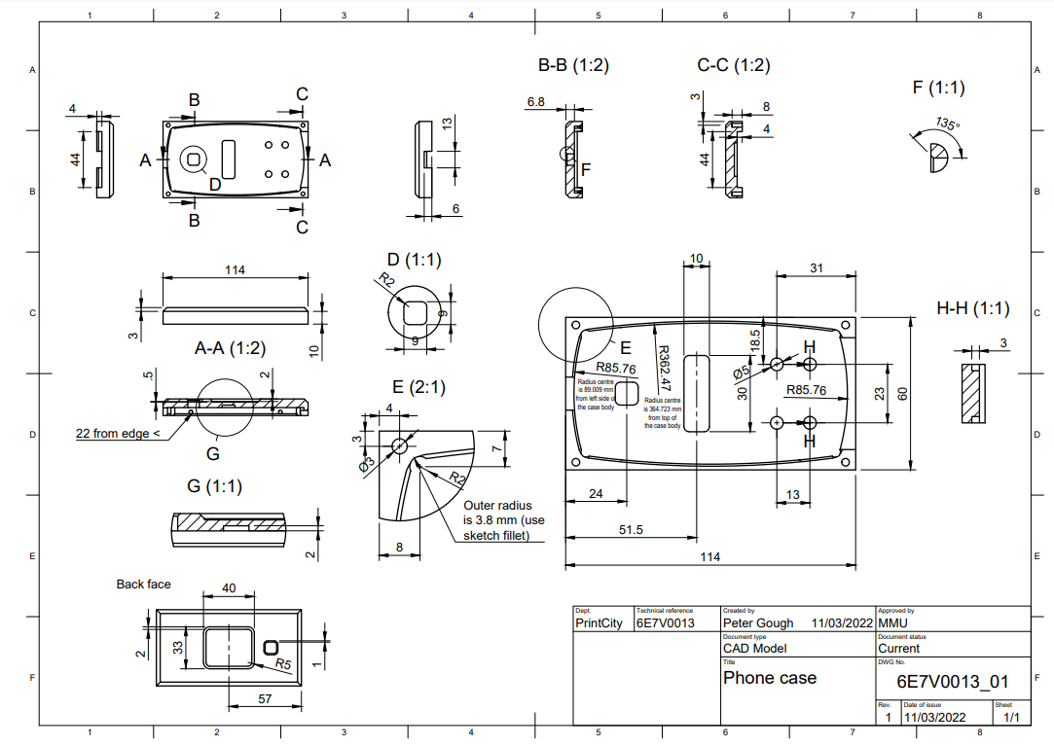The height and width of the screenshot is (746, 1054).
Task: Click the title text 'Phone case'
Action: [769, 678]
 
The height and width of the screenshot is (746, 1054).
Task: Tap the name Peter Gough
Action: [758, 622]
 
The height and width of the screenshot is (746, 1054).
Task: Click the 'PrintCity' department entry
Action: [599, 622]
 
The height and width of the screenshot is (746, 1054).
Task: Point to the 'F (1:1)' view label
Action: [938, 88]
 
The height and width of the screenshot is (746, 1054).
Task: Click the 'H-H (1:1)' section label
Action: [972, 308]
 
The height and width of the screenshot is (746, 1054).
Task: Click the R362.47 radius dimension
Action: [664, 368]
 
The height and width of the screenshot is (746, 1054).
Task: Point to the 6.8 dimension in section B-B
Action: [535, 101]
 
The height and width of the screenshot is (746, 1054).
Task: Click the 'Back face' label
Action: [143, 584]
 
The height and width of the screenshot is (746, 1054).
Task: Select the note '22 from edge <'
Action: [114, 433]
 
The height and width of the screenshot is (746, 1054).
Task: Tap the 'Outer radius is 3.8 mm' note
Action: [503, 520]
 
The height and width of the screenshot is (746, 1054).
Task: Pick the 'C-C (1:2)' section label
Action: [733, 65]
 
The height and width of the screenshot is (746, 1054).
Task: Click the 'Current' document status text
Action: [898, 648]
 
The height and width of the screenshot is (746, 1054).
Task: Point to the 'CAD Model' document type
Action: [754, 648]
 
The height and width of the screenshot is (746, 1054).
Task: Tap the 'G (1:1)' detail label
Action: [214, 485]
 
